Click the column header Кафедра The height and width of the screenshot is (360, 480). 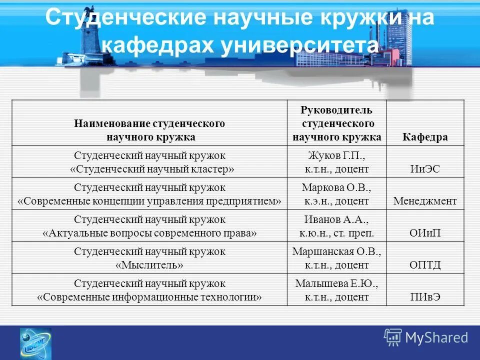point(425,137)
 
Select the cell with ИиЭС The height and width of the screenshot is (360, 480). point(425,169)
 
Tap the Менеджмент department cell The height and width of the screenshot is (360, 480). point(425,201)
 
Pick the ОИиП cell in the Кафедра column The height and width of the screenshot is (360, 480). point(425,233)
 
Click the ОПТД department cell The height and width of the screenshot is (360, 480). point(425,265)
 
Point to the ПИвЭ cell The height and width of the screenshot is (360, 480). point(425,297)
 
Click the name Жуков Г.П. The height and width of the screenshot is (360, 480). point(336,155)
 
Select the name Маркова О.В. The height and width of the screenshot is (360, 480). point(336,187)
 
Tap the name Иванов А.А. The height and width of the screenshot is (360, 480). point(336,219)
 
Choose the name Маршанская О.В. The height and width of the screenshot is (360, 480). point(336,251)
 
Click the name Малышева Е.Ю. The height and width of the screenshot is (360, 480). point(336,283)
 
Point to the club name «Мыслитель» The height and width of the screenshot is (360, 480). point(149,265)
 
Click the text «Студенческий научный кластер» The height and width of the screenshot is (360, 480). point(149,169)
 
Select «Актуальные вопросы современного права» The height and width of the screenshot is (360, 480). point(149,233)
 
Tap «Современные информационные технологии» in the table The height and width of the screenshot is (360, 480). point(149,297)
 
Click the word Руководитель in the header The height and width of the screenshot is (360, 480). point(336,110)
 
